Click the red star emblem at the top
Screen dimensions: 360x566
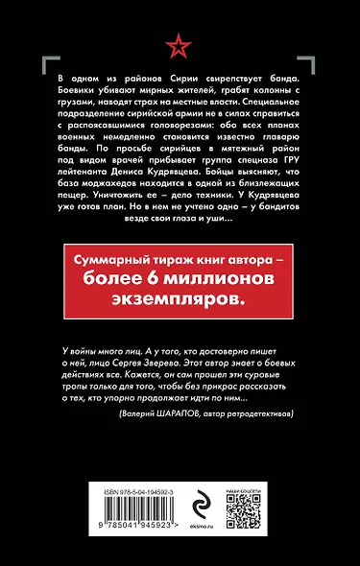point(180,42)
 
